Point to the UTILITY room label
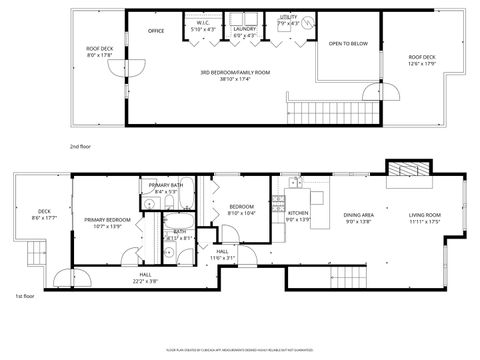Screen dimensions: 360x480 [288, 19]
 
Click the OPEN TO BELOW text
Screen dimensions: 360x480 [348, 44]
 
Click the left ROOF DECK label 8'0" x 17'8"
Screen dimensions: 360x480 [98, 52]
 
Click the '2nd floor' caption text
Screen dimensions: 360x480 [80, 146]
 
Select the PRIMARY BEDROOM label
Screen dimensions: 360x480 [106, 222]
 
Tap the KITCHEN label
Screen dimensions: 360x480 [298, 216]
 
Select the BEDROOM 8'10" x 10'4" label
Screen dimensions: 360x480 [242, 210]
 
